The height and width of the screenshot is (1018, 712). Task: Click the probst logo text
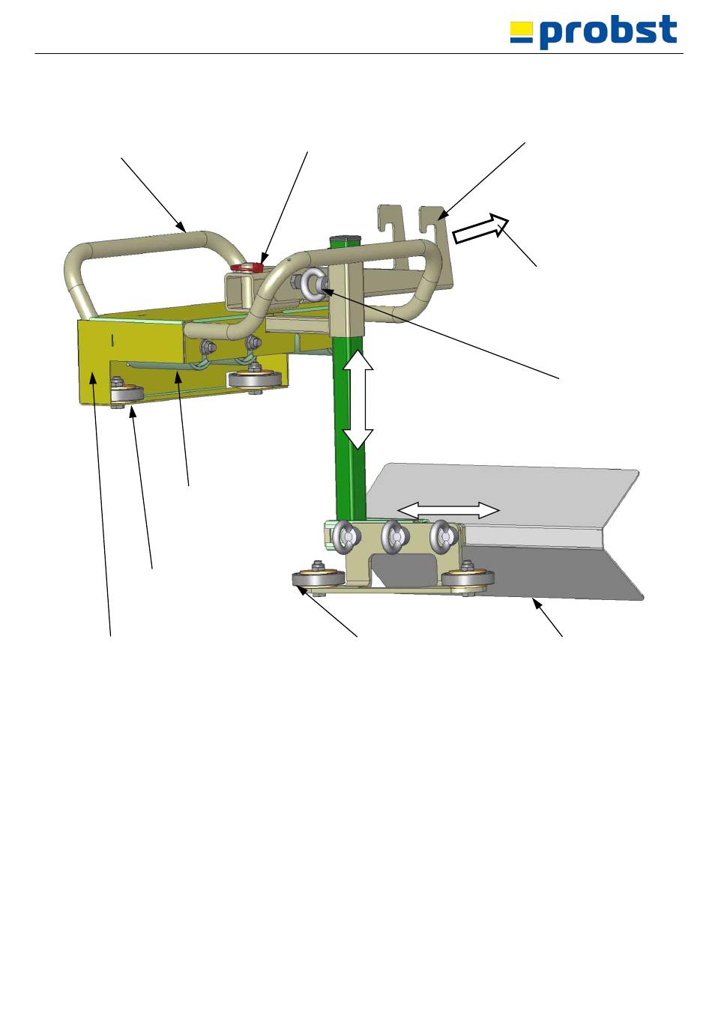pyautogui.click(x=609, y=31)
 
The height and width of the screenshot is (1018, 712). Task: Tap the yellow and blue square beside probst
pyautogui.click(x=522, y=32)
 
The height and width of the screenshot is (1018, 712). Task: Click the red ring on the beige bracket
pyautogui.click(x=247, y=267)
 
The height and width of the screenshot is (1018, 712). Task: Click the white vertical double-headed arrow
pyautogui.click(x=357, y=399)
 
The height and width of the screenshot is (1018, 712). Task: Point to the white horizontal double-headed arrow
pyautogui.click(x=448, y=510)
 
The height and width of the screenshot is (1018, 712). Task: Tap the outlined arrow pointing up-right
pyautogui.click(x=480, y=228)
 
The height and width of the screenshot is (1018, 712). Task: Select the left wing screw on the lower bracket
pyautogui.click(x=347, y=537)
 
